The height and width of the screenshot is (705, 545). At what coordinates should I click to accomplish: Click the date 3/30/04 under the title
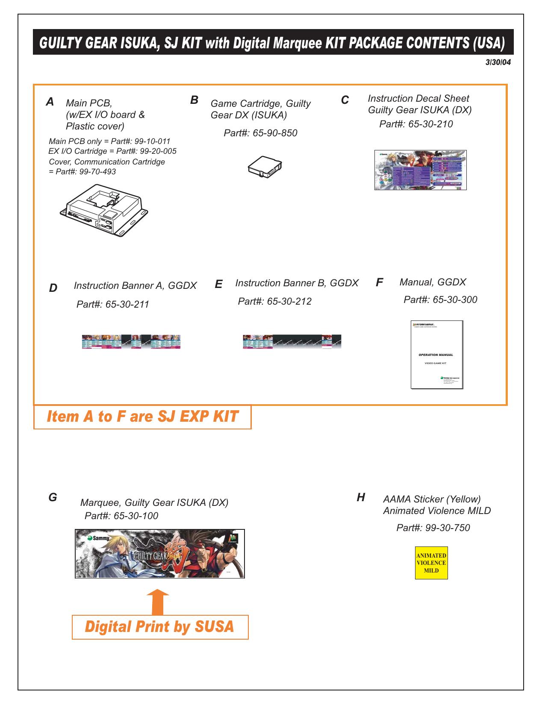click(x=498, y=62)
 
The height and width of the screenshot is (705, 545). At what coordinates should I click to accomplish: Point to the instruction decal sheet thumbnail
click(x=420, y=170)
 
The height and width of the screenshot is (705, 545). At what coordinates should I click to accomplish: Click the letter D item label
click(x=53, y=288)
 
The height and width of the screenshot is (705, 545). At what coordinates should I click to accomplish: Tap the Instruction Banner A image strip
click(x=131, y=342)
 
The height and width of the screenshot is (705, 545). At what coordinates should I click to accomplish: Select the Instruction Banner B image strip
click(x=292, y=342)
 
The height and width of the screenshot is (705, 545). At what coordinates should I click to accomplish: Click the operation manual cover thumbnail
click(x=437, y=355)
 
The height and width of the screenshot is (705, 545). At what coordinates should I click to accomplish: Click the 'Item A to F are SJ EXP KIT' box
click(x=142, y=417)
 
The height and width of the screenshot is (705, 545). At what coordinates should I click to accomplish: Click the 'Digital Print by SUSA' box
click(x=160, y=627)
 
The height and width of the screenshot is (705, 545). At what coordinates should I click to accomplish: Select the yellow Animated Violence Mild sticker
click(x=431, y=563)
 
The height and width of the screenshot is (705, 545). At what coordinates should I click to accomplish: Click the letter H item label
click(x=361, y=497)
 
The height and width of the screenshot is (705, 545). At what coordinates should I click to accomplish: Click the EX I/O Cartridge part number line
click(x=112, y=151)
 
